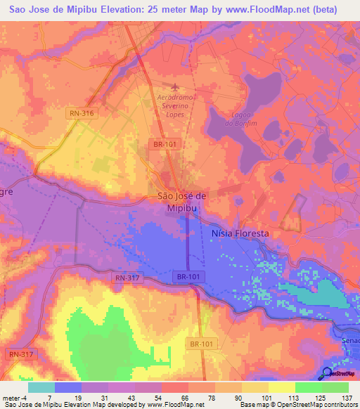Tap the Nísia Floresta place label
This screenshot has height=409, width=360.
240,232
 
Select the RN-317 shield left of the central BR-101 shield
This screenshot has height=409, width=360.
127,278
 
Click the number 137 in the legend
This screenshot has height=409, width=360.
347,397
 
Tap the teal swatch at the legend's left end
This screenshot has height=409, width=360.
41,387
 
